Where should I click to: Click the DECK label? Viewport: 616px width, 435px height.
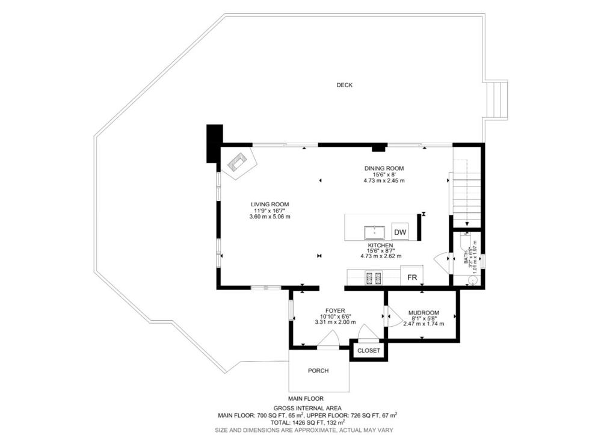tap(344, 85)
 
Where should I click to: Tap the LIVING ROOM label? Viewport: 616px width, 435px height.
tap(269, 204)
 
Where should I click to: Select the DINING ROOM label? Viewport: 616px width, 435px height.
tap(384, 168)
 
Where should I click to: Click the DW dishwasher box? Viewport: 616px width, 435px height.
tap(399, 232)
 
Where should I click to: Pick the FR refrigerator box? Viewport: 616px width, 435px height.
tap(412, 277)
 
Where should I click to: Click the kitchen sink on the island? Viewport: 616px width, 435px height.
tap(375, 232)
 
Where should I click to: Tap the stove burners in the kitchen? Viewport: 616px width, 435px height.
tap(374, 277)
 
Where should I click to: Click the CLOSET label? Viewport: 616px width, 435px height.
tap(369, 350)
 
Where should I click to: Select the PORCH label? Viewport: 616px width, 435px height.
tap(318, 371)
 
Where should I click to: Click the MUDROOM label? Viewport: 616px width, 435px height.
tap(423, 313)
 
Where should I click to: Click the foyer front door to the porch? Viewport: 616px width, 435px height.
tap(328, 341)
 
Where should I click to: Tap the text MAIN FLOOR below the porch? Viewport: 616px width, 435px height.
tap(306, 398)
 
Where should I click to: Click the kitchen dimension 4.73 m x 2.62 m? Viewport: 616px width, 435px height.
tap(381, 256)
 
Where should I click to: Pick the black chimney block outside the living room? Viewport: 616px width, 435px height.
tap(214, 143)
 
